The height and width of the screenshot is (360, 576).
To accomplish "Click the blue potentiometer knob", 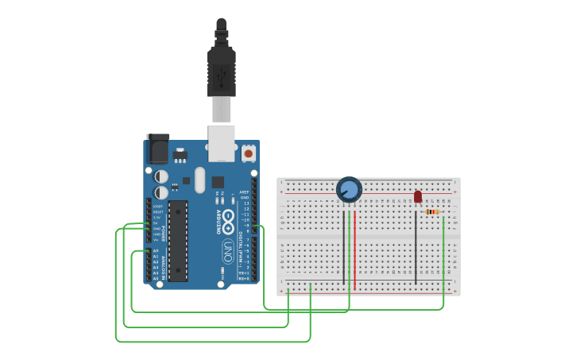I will (x=349, y=189).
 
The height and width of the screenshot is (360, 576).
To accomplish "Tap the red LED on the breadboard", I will (x=418, y=196).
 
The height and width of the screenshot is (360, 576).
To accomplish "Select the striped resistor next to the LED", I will (x=432, y=211).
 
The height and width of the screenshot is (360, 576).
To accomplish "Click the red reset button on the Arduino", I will (x=249, y=153).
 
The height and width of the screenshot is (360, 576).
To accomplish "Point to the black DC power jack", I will (x=157, y=149).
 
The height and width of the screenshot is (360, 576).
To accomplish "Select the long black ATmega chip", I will (x=178, y=241).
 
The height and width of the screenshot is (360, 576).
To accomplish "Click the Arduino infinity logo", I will (x=228, y=221).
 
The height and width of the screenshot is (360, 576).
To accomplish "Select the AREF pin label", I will (x=244, y=192).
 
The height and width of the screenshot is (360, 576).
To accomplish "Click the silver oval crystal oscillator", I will (x=199, y=179).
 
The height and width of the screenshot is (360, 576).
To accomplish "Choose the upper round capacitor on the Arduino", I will (x=161, y=176).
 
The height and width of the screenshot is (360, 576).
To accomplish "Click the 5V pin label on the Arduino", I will (x=157, y=223).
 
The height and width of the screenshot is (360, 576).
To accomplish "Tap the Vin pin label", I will (x=157, y=239).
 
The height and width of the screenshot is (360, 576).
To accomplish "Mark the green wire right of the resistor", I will (x=443, y=254).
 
